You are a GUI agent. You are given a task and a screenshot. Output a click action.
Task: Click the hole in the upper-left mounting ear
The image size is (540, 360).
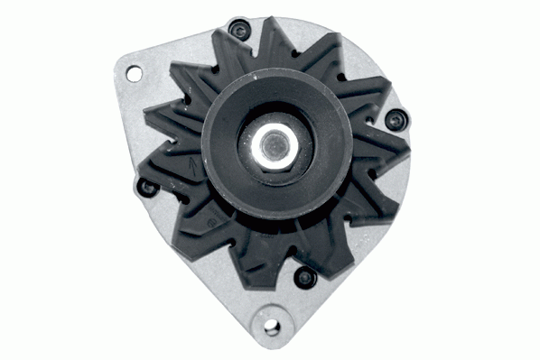point(134,71)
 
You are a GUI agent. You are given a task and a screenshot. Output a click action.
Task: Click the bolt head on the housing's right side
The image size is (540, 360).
point(394,119)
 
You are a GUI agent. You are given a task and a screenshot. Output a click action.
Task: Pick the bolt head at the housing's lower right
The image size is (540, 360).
point(304,276)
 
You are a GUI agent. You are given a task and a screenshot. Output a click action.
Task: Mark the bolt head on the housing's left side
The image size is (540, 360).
point(145,187)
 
